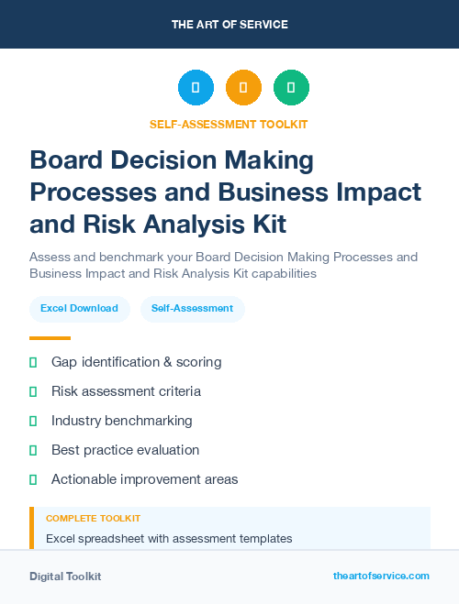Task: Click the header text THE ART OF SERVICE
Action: [x=229, y=25]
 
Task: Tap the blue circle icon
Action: [x=196, y=88]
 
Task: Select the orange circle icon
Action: [x=243, y=88]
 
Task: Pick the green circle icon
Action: [x=291, y=88]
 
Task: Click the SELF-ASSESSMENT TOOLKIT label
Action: [x=229, y=124]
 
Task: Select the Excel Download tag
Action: [x=79, y=308]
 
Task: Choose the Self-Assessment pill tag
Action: [x=193, y=308]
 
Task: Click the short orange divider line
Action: [x=50, y=338]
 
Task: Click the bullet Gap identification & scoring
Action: [x=136, y=362]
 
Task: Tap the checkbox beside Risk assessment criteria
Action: [x=33, y=391]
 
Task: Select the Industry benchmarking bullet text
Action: [x=121, y=421]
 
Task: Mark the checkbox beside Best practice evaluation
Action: [x=33, y=450]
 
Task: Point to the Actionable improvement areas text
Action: [x=144, y=479]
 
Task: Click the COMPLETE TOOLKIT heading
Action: [x=93, y=519]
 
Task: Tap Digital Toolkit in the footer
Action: [x=65, y=577]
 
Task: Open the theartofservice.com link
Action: [x=381, y=576]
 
